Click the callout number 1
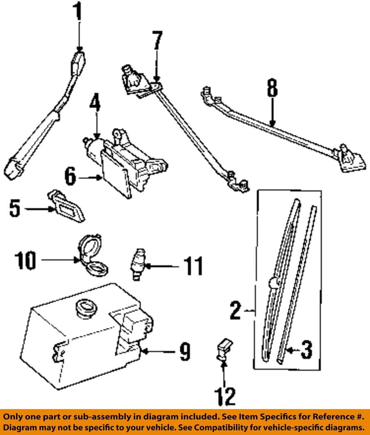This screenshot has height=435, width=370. (78, 14)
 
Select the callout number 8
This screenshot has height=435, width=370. (272, 88)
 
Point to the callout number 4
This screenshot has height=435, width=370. (95, 108)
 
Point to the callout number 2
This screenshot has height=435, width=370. (235, 311)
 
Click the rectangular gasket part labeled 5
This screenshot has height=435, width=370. (69, 208)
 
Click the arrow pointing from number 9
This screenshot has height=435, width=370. (158, 352)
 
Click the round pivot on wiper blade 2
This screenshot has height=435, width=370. (272, 282)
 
